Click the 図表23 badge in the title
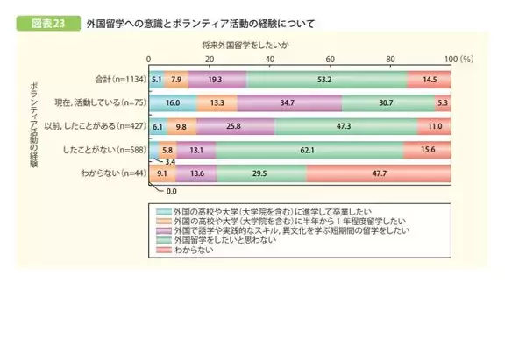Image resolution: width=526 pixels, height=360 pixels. pyautogui.click(x=43, y=23)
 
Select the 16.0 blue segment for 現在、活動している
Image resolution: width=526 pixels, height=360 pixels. pyautogui.click(x=174, y=102)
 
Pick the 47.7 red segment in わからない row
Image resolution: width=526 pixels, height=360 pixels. pyautogui.click(x=380, y=172)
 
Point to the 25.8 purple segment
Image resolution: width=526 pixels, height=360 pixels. pyautogui.click(x=237, y=125)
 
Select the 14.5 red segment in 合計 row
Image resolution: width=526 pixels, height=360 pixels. pyautogui.click(x=429, y=80)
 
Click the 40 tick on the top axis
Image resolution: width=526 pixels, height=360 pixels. pyautogui.click(x=270, y=58)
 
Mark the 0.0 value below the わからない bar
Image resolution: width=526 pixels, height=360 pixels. pyautogui.click(x=172, y=190)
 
